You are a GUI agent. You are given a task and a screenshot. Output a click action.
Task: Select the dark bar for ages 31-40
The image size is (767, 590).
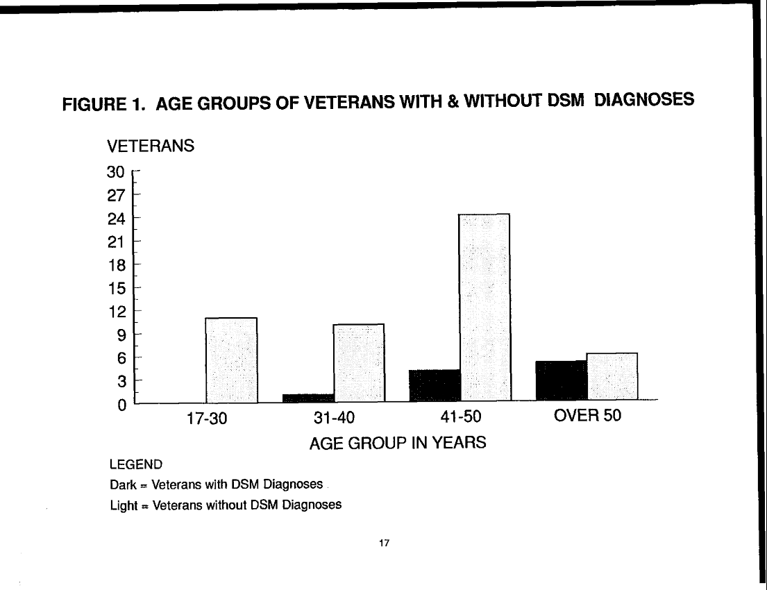point(308,398)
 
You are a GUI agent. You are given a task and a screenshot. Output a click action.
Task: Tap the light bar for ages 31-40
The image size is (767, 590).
point(359,363)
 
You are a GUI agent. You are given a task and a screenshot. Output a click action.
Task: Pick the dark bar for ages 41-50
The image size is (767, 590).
point(435,385)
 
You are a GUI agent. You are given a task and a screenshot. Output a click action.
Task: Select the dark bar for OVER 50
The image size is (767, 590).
point(562,381)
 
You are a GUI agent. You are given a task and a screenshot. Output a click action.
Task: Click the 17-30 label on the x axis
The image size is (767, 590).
point(203,419)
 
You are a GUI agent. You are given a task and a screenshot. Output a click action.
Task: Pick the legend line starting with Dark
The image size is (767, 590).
point(216,484)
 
